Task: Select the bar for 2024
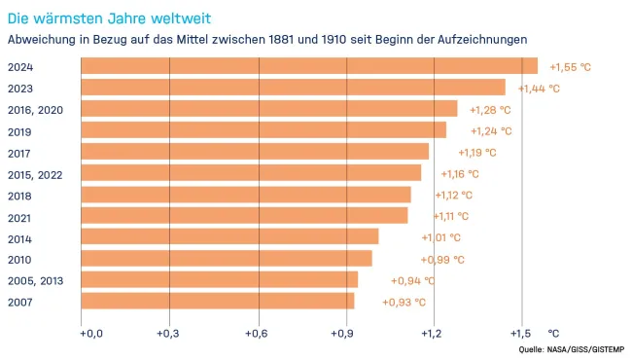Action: pos(308,66)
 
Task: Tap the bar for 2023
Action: pos(293,88)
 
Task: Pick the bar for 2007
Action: pos(217,302)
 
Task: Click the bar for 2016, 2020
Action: pos(268,109)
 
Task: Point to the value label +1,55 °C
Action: pos(570,67)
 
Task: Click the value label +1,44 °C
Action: pos(539,89)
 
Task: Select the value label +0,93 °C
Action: pos(404,303)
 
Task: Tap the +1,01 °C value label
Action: pos(440,237)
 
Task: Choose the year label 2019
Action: pos(20,130)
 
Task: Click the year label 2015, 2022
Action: pos(35,173)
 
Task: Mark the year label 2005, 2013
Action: pos(35,280)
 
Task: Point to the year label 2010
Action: pos(20,259)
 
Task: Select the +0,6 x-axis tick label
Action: pos(258,334)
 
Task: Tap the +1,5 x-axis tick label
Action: pos(521,334)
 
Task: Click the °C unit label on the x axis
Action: pos(554,334)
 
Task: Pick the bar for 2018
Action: pos(245,195)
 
